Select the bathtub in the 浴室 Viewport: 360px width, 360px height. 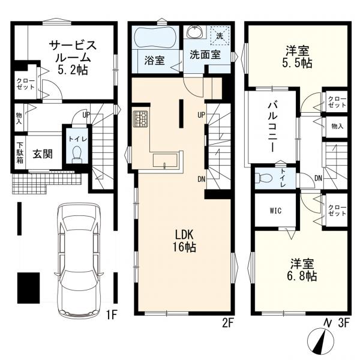coord(155,38)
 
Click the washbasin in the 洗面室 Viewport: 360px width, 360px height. coord(195,32)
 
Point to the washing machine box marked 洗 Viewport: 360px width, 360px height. coord(220,35)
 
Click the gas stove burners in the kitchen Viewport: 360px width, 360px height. coord(140,119)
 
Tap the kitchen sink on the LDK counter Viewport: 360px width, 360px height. coord(165,160)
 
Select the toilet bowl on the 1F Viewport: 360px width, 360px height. coord(77,154)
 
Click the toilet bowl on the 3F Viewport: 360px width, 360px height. coord(264,178)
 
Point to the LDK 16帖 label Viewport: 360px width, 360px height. coord(184,241)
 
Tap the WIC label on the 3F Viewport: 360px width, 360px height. coord(275,211)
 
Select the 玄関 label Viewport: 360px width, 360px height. coord(43,154)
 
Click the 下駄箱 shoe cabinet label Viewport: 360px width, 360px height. coord(20,153)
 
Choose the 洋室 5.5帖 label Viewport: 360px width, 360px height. coord(297,57)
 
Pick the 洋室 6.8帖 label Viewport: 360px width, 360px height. coord(302,270)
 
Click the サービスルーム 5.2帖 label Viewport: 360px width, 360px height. coord(73,58)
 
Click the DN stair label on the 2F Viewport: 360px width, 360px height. coord(202,179)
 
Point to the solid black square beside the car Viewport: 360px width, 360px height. coord(28,288)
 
